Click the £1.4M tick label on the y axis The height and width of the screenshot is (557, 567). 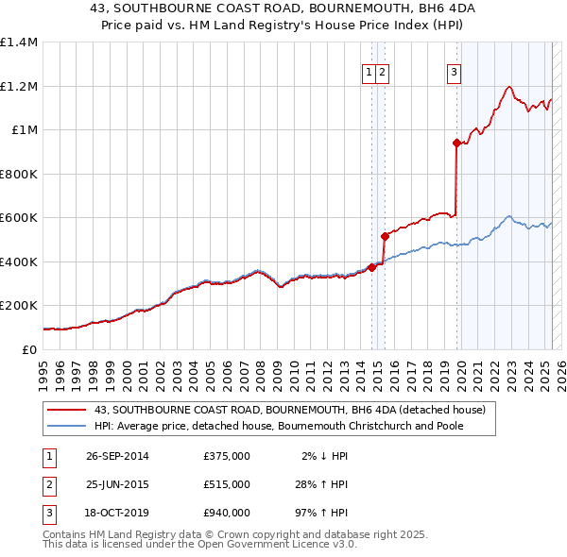pos(19,42)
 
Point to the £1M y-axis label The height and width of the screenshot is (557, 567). pos(26,130)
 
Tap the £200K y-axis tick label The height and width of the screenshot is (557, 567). pos(19,306)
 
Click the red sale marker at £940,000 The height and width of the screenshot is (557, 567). pos(456,143)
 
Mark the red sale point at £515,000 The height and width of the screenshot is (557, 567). pos(385,236)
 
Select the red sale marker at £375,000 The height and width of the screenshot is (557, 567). pos(372,267)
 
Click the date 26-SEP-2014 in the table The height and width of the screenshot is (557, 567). pos(117,456)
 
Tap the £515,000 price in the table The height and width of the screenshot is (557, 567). pos(227,484)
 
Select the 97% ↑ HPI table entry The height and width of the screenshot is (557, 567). pos(320,513)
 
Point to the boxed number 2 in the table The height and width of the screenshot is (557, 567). pos(49,484)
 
